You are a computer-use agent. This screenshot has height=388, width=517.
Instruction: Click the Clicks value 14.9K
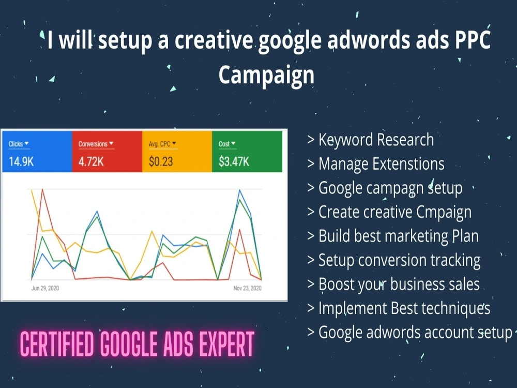[21, 161]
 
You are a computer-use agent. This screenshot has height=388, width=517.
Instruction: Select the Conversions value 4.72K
[92, 161]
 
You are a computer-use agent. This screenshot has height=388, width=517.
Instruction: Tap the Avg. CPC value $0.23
[161, 161]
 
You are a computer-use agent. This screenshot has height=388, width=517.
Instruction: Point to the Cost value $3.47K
[234, 161]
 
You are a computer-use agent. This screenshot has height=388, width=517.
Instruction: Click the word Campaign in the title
[266, 74]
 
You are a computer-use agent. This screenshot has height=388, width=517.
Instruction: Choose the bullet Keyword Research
[370, 140]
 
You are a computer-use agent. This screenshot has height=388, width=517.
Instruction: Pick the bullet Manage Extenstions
[376, 164]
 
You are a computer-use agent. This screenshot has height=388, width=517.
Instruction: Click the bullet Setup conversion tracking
[393, 260]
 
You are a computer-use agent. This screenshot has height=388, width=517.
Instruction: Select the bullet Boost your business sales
[393, 284]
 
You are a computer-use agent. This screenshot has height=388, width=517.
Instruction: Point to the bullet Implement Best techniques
[399, 308]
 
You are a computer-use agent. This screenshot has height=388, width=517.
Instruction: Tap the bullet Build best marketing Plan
[392, 236]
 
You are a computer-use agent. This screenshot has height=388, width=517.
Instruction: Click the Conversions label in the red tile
[93, 144]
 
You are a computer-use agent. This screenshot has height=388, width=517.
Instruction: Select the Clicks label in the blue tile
[16, 144]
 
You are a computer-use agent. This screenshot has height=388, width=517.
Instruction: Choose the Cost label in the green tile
[224, 144]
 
